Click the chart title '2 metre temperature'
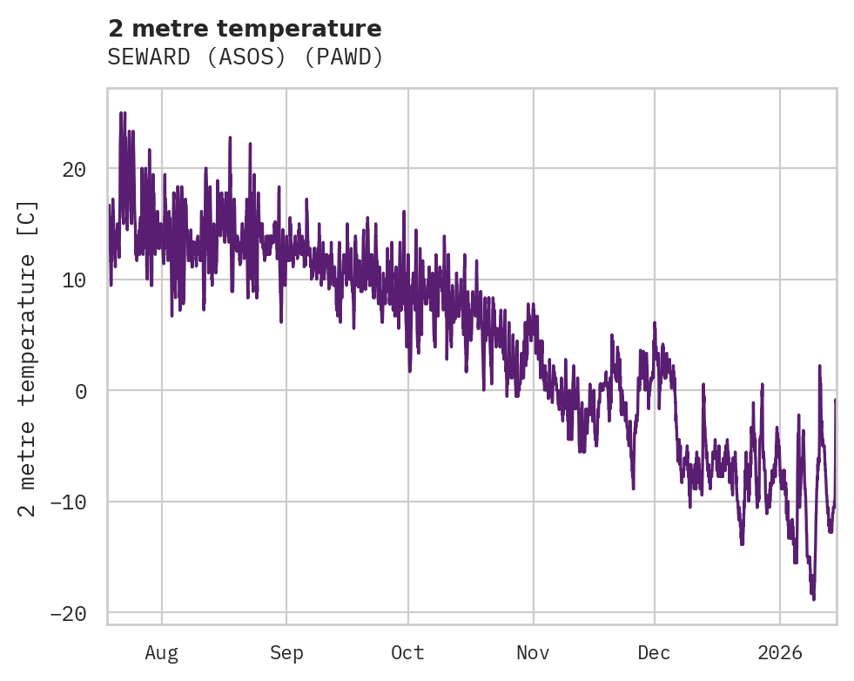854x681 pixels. point(245,29)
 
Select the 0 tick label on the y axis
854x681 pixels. point(81,391)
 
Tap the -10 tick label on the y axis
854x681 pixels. point(69,502)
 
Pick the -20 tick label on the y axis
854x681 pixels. point(69,614)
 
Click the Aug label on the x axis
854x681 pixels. point(161,653)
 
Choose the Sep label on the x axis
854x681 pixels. point(286,653)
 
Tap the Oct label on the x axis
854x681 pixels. point(407,653)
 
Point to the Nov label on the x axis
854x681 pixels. point(533,653)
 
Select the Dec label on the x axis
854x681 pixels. point(654,653)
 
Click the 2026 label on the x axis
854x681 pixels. point(779,653)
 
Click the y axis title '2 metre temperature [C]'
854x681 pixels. point(29,359)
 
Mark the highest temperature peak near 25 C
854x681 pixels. point(123,113)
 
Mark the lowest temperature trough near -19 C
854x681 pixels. point(813,598)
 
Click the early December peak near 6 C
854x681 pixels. point(654,323)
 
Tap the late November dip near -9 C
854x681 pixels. point(633,488)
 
